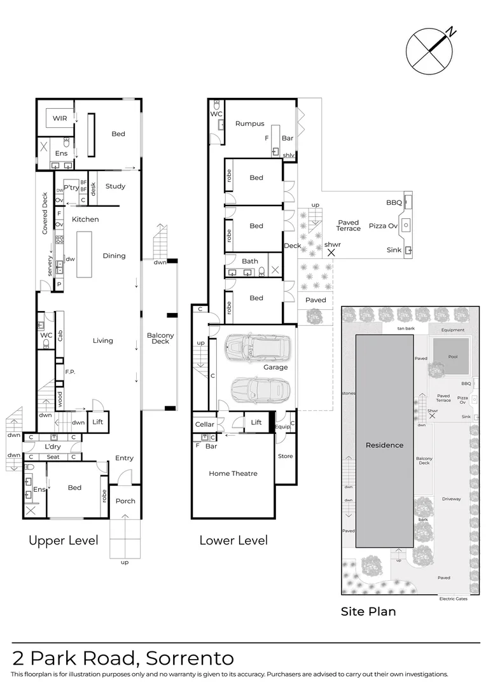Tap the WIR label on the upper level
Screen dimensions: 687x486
coord(60,119)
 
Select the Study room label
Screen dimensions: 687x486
coord(115,186)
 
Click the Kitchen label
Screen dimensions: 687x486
coord(85,219)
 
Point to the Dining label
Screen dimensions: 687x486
coord(115,256)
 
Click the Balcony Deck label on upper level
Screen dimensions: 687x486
coord(160,338)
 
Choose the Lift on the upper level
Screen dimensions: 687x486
coord(98,422)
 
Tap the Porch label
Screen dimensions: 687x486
coord(125,501)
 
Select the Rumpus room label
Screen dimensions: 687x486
coord(249,123)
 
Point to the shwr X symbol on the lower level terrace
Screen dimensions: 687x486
coord(331,253)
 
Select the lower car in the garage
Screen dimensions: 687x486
coord(260,389)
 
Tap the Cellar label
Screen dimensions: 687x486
coord(205,424)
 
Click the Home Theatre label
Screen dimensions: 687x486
coord(233,473)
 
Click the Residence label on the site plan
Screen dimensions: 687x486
coord(384,445)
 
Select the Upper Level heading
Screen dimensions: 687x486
coord(64,541)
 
